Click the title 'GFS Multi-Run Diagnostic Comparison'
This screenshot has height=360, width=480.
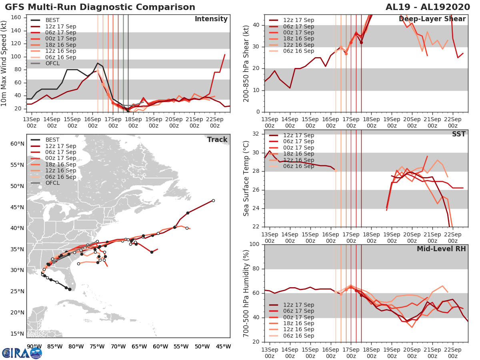click(x=100, y=7)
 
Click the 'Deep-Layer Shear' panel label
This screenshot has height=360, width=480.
click(x=432, y=19)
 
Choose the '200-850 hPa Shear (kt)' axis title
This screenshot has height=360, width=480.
click(x=247, y=64)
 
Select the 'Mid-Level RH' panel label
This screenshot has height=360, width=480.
click(x=441, y=249)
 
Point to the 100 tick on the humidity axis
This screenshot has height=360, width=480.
click(x=256, y=244)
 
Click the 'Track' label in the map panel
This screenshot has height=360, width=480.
click(x=217, y=140)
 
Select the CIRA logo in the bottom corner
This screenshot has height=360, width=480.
click(x=22, y=353)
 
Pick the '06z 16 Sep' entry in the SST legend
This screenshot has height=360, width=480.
click(x=298, y=166)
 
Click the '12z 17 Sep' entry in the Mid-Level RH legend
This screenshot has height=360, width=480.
click(x=298, y=305)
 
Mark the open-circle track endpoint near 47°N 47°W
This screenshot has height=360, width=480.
click(x=213, y=200)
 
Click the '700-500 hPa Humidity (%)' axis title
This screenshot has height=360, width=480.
click(x=247, y=293)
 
